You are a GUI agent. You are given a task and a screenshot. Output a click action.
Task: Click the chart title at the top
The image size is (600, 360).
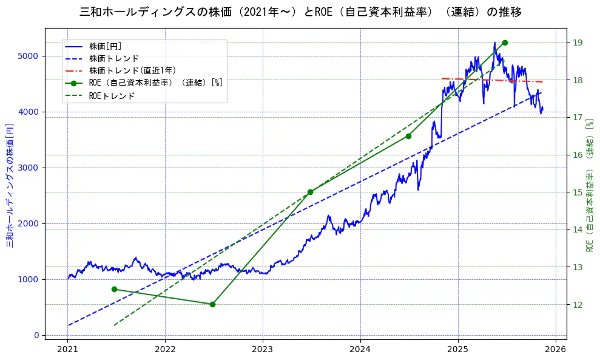coord(300,12)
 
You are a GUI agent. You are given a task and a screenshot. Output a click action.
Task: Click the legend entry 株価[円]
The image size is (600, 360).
coord(106,46)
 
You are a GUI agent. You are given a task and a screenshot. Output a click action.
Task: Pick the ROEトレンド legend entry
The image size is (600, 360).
coord(112,96)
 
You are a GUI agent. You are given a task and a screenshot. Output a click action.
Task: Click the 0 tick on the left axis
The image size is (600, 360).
coord(37,335)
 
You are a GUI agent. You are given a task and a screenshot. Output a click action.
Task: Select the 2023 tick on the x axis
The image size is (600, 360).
coord(263,349)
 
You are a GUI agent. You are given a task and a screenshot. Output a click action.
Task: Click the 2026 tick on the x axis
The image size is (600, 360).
coord(555,349)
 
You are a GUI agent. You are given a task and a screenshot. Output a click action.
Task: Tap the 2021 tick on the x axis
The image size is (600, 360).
coord(67,349)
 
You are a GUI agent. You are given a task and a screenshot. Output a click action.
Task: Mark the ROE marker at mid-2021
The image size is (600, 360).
coord(114,289)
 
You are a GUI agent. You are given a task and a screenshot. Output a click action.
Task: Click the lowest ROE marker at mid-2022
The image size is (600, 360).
coord(212,304)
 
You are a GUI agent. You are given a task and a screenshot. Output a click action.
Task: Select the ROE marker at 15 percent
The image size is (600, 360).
coord(310,192)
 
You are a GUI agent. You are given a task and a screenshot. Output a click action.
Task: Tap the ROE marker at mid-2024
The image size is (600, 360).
coord(408,136)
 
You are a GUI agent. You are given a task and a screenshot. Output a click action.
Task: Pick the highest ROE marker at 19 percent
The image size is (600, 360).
coord(505,42)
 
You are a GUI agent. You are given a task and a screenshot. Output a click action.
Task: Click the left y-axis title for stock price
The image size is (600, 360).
coord(10,182)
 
